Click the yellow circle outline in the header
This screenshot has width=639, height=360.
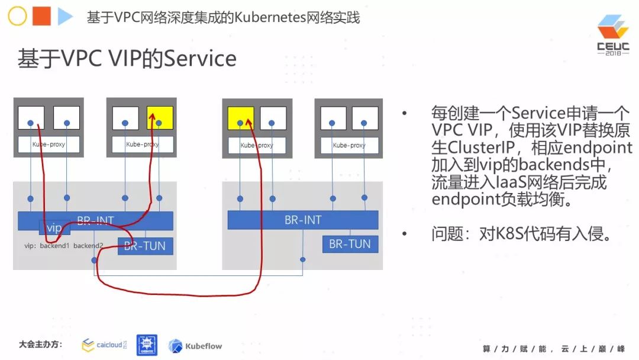pos(17,17)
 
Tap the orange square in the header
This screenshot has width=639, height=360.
pos(41,17)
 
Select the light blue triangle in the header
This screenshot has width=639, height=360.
pos(64,17)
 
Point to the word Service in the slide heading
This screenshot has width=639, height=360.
pos(199,59)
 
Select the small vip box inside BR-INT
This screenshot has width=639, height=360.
pos(54,228)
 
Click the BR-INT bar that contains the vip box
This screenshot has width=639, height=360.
pos(118,220)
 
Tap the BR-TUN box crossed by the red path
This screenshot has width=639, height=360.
pos(146,246)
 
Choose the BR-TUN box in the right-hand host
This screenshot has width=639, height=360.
pos(350,244)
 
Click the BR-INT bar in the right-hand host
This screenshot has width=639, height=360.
pos(303,220)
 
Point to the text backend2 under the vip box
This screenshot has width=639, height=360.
pos(89,245)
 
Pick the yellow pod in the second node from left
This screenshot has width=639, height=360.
pos(160,118)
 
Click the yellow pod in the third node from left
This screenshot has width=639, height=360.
pos(241,118)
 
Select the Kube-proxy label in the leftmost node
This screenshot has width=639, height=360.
pos(49,144)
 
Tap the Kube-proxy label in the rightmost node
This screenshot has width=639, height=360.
pos(349,145)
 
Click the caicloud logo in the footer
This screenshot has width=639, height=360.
pos(104,345)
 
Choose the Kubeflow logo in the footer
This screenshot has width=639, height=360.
pos(195,346)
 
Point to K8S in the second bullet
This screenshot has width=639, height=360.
pos(506,234)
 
